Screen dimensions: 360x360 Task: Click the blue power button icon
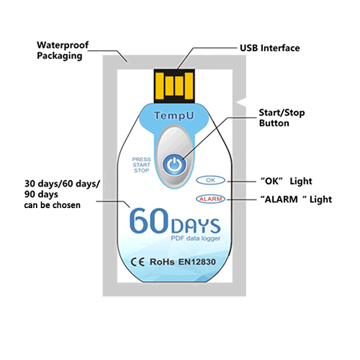174,164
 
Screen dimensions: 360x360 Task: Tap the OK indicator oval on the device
210,180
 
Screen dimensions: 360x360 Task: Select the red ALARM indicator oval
210,199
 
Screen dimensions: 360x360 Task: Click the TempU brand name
174,115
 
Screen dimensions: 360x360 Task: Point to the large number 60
149,220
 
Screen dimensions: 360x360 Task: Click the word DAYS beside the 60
196,226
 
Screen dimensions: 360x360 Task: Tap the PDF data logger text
196,238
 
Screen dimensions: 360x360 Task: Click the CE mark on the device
138,262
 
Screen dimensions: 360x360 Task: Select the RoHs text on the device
162,262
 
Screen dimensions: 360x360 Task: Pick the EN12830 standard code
197,262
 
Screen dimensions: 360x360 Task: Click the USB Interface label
270,48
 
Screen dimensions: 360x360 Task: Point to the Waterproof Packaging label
63,50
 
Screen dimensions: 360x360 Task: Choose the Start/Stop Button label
282,118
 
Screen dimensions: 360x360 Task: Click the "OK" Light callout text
287,181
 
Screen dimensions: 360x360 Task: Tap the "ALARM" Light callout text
296,199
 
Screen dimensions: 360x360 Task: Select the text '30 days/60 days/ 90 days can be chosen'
62,194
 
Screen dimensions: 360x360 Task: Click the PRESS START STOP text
141,165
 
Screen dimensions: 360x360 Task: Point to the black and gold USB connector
174,86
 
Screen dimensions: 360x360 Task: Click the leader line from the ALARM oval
242,199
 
